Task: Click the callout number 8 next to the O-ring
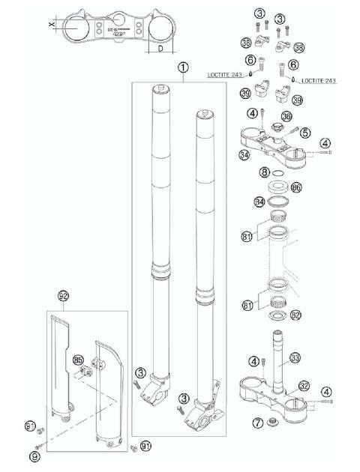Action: click(x=263, y=172)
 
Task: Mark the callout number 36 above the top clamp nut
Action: click(x=286, y=117)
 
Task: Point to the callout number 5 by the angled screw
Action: click(x=284, y=133)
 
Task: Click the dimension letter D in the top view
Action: click(x=162, y=49)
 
